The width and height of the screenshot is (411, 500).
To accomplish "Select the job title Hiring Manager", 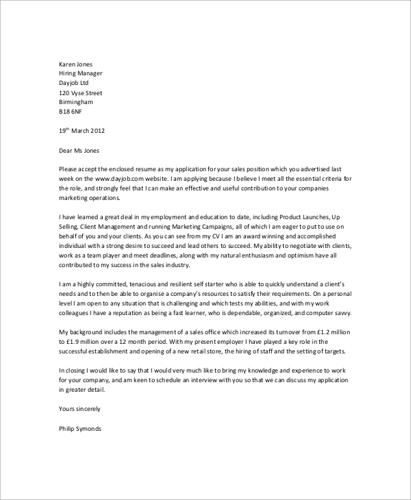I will point(82,73).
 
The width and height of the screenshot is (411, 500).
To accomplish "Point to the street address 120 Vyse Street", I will point(85,92).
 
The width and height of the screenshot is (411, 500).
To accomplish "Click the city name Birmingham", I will point(76,101).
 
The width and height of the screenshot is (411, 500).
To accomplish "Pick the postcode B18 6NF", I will point(71,111).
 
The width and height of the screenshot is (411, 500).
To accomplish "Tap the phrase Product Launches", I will point(295,216).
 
